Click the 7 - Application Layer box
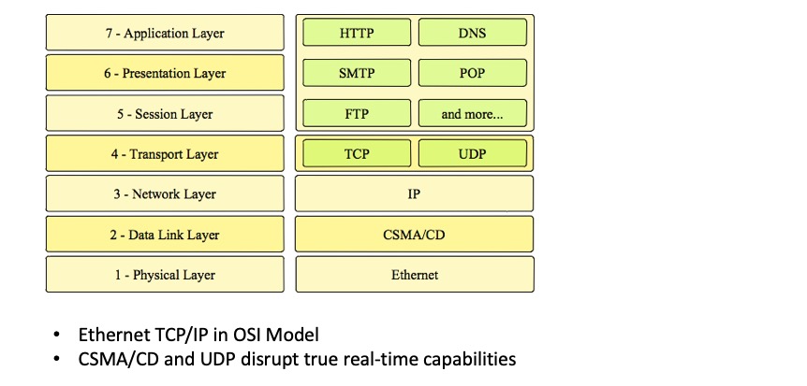(165, 33)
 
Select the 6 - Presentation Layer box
(165, 73)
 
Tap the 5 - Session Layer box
(165, 113)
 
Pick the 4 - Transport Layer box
(165, 153)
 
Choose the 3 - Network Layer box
(165, 193)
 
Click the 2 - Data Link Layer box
(165, 234)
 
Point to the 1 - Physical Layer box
(165, 274)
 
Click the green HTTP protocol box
(357, 33)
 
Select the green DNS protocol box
(472, 33)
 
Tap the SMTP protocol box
(357, 73)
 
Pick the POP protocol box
(472, 73)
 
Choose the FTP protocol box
(357, 114)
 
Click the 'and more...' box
(472, 114)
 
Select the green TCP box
(357, 153)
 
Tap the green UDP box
(472, 153)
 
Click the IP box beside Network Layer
(415, 193)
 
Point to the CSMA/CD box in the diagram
(415, 234)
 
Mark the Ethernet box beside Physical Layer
(415, 274)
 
